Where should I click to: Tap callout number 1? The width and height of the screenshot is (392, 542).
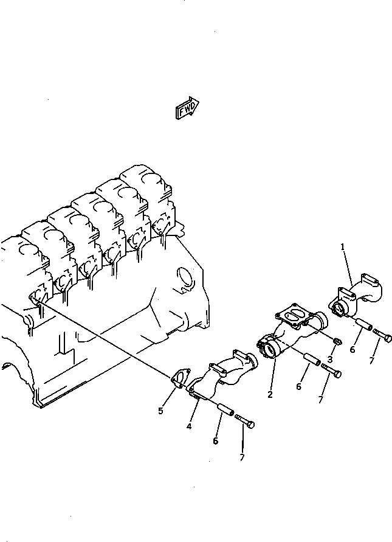tap(343, 247)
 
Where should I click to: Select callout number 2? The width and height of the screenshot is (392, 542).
tap(270, 394)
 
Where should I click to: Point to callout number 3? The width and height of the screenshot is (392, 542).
tap(331, 360)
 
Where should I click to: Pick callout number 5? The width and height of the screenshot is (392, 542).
tap(161, 411)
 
